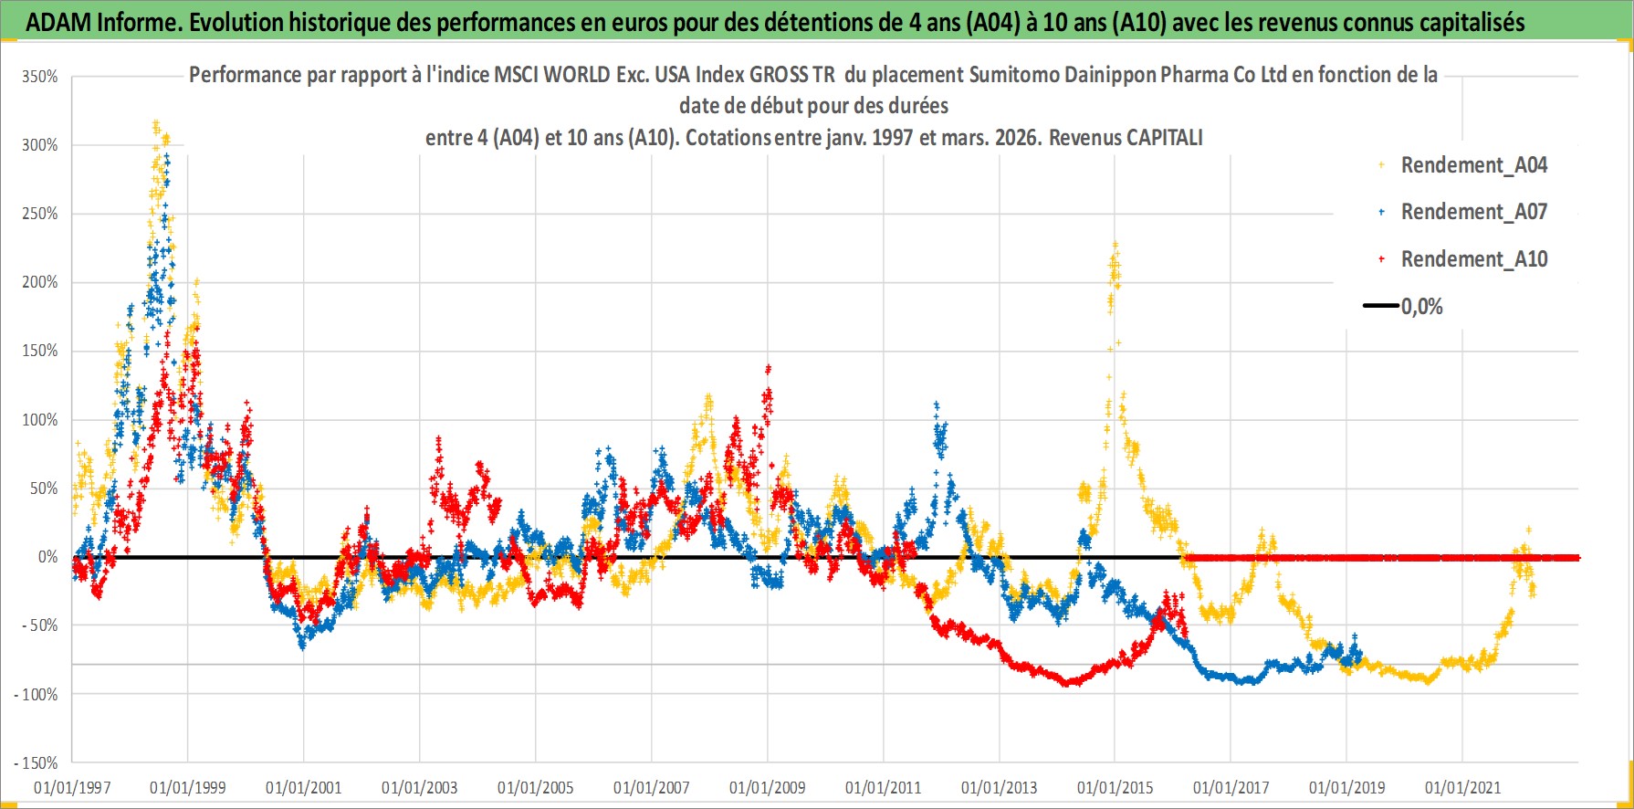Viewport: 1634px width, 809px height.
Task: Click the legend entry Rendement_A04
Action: pos(1473,165)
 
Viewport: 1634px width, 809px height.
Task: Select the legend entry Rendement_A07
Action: pos(1473,212)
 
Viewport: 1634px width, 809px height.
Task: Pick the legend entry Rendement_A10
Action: pos(1473,259)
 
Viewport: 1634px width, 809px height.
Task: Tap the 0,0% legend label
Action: pos(1421,307)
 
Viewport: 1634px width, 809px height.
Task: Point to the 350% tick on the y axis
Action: pos(40,77)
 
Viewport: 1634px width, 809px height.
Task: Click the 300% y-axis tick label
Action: pos(40,145)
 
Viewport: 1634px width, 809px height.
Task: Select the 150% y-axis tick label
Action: pos(40,351)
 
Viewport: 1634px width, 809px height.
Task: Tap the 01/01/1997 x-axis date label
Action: pos(72,787)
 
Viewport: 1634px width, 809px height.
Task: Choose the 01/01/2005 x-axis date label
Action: pos(536,787)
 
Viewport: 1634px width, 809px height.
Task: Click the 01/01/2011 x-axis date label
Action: pos(884,787)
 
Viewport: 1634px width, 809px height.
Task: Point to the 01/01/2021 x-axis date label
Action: pos(1462,787)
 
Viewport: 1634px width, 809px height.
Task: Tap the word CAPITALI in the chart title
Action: pos(1164,138)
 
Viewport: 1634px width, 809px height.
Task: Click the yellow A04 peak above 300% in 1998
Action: pos(156,122)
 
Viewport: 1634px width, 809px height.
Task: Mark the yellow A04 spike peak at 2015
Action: pos(1115,244)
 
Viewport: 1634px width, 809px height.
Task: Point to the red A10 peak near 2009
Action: pos(769,368)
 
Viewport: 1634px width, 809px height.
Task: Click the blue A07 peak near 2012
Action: pos(936,404)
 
